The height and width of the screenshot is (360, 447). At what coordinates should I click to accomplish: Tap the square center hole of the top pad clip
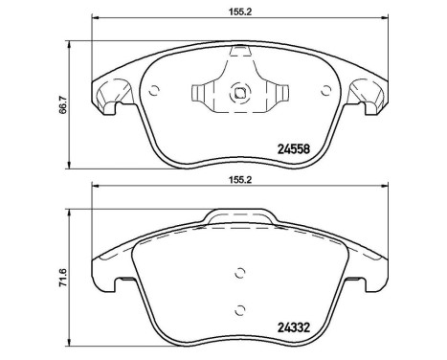[241, 94]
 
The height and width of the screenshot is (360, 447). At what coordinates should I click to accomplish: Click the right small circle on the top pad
[327, 93]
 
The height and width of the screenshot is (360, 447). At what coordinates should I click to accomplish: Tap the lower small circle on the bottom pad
[240, 308]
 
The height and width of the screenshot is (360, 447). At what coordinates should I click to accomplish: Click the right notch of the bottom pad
[369, 284]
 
